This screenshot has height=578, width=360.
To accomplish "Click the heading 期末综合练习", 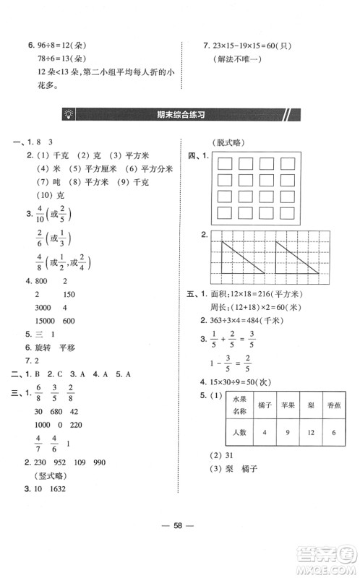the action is [181, 113].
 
